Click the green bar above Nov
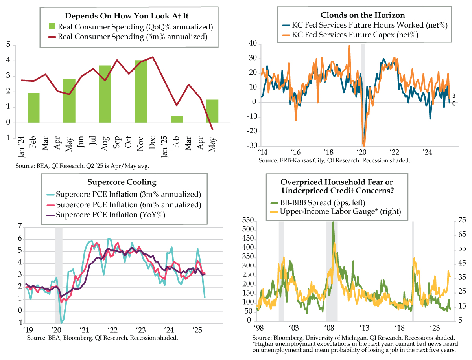pos(141,92)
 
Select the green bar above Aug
pos(105,94)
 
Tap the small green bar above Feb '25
pos(177,119)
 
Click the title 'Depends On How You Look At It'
pos(127,16)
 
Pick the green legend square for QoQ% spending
pos(52,26)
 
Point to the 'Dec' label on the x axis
pos(152,142)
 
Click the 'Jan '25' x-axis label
pos(164,147)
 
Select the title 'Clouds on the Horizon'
pos(363,15)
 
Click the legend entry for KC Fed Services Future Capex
pos(350,35)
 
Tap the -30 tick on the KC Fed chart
pos(252,146)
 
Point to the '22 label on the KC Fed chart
pos(394,152)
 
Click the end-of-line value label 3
pos(454,96)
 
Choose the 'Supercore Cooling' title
pos(122,182)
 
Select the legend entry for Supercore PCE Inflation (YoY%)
pos(106,215)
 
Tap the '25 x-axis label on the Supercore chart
pos(197,330)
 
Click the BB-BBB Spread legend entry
pos(317,202)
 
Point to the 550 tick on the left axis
pos(248,220)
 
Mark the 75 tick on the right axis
pos(462,220)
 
